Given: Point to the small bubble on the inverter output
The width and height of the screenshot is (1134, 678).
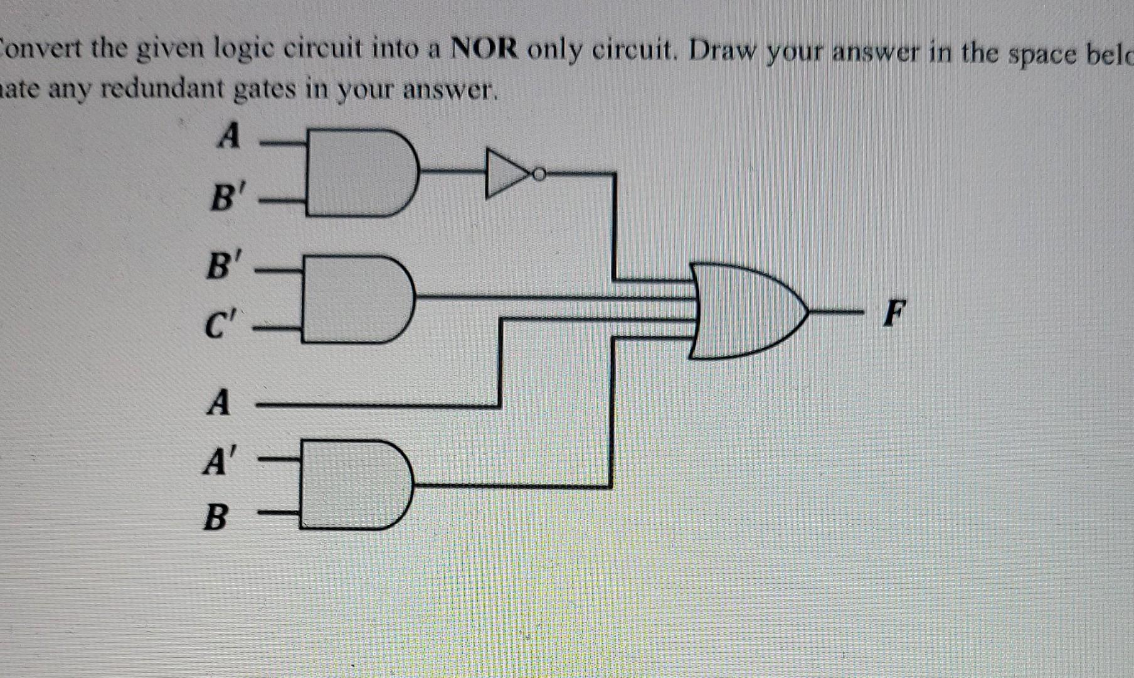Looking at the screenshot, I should pos(538,173).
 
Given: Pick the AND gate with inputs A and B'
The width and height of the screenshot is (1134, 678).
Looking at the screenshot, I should pos(358,172).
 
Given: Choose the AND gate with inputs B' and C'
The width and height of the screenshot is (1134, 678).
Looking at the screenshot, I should pos(354,299).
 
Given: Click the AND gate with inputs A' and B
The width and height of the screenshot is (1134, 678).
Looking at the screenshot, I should pos(353,484).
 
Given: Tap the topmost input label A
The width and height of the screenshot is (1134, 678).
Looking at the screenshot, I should pos(228,135).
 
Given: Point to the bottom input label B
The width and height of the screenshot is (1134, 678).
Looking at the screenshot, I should pos(215,518).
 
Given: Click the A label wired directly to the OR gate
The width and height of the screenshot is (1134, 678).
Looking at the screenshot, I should pos(218,402).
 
